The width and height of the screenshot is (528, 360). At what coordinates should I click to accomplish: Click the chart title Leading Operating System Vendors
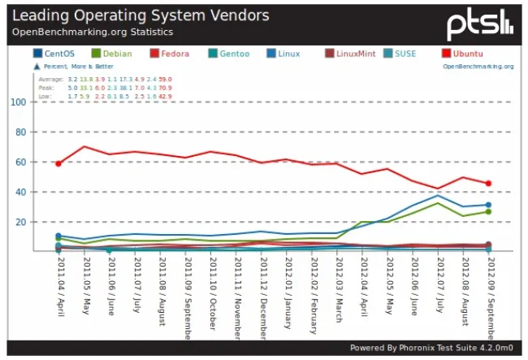141,15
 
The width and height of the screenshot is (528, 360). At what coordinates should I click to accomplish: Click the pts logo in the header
480,22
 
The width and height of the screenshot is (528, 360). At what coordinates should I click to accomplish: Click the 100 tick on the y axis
18,102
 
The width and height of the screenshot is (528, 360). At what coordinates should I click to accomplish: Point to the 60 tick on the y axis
20,162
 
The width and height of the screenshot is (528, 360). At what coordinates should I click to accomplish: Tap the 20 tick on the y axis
20,222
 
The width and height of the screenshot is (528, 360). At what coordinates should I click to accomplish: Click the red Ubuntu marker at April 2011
58,163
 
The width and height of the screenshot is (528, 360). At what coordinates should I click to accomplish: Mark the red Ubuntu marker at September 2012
488,184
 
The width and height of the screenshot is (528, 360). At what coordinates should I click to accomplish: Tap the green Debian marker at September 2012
488,212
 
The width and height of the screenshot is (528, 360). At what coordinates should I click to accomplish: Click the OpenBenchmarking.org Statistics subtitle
92,32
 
